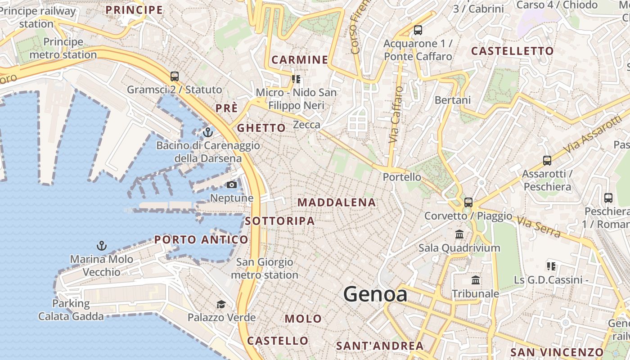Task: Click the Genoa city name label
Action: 375,294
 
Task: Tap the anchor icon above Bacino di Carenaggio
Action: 207,132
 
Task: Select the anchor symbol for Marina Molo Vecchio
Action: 102,246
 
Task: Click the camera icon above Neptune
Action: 232,184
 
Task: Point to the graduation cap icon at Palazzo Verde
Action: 221,305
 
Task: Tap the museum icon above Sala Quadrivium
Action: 459,234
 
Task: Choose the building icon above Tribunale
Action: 476,280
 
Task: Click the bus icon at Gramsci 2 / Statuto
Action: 175,76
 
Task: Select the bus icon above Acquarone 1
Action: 418,30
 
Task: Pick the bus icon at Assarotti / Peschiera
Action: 547,160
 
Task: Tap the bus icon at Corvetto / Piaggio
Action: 468,202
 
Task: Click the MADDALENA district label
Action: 337,202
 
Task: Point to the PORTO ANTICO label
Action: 201,239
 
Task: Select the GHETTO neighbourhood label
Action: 261,128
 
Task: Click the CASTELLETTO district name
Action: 512,51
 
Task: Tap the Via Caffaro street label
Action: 396,115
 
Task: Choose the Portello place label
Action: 402,177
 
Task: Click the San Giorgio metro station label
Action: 265,268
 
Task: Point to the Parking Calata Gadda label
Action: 71,310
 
